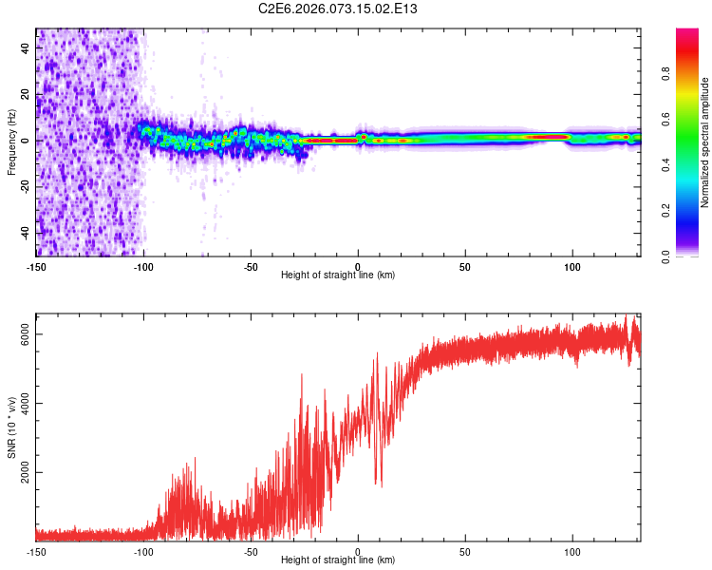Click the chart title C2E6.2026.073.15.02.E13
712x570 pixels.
[339, 9]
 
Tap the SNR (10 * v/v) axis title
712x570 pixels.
[11, 427]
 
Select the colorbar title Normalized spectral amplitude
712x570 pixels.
[704, 142]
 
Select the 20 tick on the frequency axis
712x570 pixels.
[26, 94]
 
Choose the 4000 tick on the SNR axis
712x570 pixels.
[26, 403]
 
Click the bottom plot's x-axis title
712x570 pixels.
[339, 560]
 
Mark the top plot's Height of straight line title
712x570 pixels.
[339, 275]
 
